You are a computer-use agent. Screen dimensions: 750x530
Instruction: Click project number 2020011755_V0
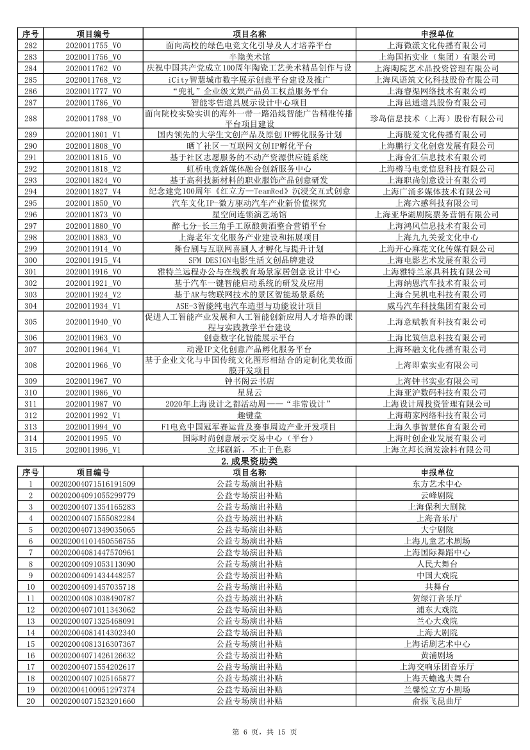coord(93,46)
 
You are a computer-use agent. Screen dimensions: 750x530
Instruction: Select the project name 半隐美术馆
coord(250,57)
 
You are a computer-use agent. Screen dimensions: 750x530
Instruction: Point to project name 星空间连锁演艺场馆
coord(250,215)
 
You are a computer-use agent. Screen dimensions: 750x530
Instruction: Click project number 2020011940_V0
coord(93,322)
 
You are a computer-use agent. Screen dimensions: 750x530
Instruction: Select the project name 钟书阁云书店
coord(250,381)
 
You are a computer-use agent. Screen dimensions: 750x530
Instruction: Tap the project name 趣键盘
coord(250,415)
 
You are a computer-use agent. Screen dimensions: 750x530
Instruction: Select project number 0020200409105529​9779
coord(93,496)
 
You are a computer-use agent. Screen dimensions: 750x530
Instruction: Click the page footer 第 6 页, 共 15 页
coord(265,732)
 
